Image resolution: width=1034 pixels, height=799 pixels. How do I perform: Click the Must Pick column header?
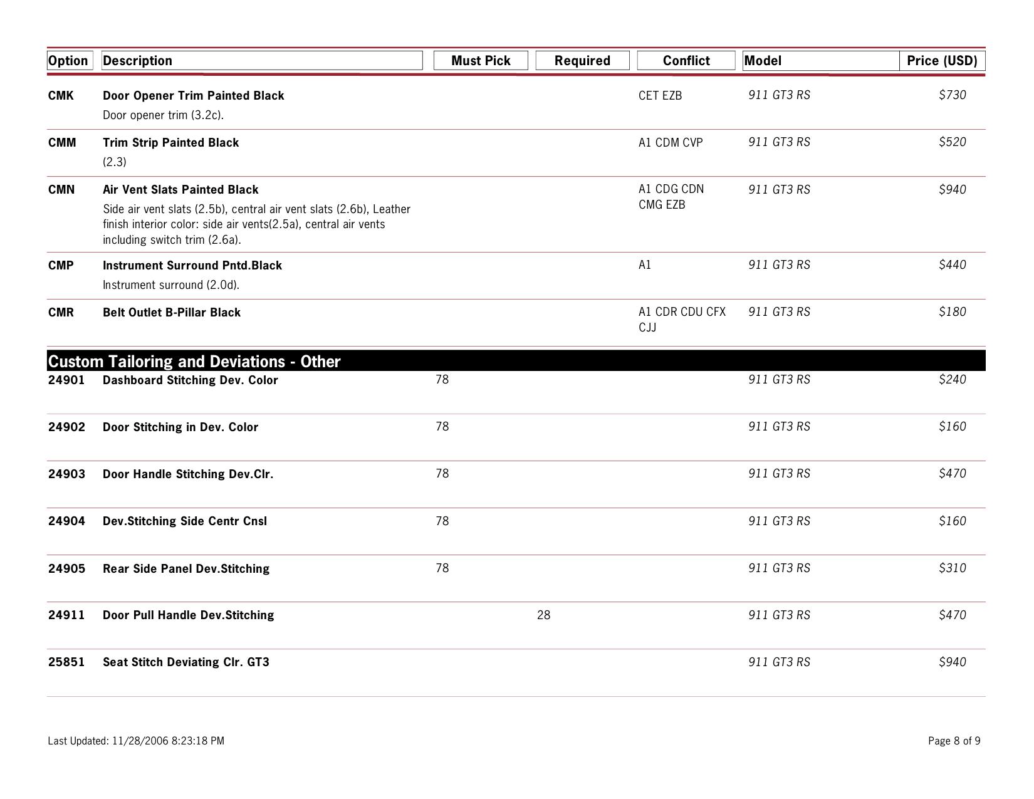(481, 61)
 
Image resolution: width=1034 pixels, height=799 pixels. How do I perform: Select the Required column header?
(582, 61)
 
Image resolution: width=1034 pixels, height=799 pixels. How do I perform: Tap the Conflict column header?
(686, 61)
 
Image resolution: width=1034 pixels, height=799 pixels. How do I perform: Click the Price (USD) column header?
(942, 61)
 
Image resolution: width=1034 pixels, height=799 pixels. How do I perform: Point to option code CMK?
(61, 95)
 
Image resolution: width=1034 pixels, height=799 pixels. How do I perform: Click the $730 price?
(952, 95)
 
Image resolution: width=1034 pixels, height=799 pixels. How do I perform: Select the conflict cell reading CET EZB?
(660, 95)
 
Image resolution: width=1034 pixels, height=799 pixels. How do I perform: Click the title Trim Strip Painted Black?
(170, 142)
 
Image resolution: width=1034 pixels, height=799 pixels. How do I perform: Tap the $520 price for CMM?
(952, 142)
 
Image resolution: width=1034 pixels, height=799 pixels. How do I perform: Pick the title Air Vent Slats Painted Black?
(180, 189)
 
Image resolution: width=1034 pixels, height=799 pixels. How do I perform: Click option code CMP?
(61, 265)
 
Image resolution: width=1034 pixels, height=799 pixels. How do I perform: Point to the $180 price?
(952, 311)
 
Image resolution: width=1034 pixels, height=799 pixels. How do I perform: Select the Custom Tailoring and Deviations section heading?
(194, 362)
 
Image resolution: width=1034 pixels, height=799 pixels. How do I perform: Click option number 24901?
(66, 380)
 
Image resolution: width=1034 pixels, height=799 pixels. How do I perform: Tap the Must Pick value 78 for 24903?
(442, 473)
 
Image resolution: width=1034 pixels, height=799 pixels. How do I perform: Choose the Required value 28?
(543, 615)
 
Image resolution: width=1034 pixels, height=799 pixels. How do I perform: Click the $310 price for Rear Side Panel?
(952, 568)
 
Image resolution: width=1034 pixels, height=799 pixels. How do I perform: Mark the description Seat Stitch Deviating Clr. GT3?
(186, 662)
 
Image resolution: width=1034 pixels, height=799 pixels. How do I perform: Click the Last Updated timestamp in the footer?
(136, 741)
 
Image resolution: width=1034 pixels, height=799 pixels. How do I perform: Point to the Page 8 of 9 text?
(954, 741)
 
